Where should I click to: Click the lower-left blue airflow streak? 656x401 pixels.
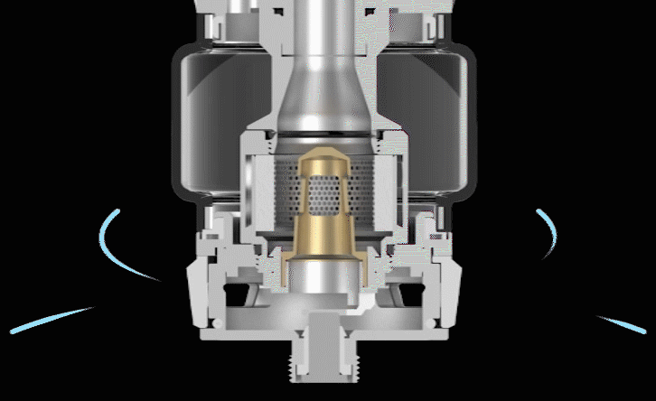tap(50, 320)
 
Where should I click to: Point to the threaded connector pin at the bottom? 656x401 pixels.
tap(328, 366)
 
